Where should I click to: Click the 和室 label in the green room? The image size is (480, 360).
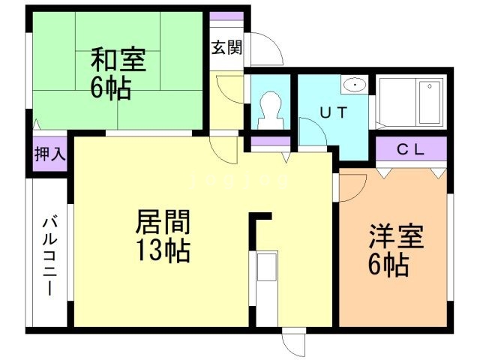click(118, 58)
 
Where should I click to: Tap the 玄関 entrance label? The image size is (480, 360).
click(225, 49)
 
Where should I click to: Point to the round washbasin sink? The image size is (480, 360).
click(355, 85)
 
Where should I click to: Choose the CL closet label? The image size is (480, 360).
click(411, 148)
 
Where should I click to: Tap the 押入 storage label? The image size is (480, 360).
click(50, 154)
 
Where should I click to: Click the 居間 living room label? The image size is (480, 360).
click(163, 223)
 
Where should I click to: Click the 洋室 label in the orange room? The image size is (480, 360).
click(396, 237)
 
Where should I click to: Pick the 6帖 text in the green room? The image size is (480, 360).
click(111, 88)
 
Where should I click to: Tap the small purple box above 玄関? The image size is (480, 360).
click(226, 16)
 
